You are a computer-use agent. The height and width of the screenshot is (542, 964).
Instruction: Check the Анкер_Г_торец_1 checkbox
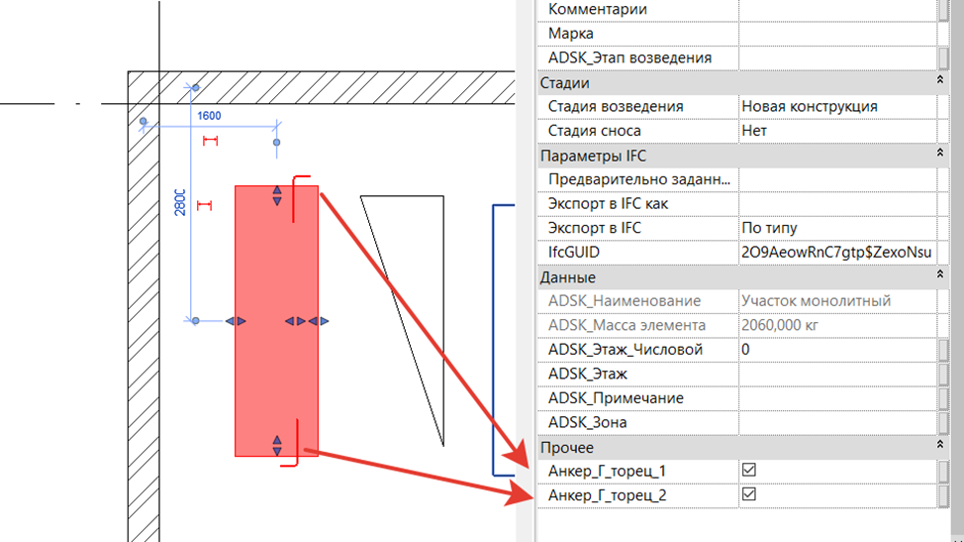click(748, 470)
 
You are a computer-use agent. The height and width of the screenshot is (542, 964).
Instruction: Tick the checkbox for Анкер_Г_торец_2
click(748, 494)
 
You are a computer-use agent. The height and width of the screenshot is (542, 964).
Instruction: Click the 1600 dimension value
click(209, 116)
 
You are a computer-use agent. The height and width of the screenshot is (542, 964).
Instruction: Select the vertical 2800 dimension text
click(179, 202)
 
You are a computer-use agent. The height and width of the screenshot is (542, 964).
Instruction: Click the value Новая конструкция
click(809, 106)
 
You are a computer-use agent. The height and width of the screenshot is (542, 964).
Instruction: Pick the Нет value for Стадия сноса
click(754, 131)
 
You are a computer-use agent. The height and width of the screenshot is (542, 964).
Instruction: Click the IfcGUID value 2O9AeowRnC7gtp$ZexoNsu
click(836, 253)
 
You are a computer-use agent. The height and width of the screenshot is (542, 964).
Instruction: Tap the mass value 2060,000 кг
click(780, 325)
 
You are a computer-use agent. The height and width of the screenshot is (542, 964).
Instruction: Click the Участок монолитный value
click(816, 301)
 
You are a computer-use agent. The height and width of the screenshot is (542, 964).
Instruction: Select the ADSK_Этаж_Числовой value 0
click(745, 350)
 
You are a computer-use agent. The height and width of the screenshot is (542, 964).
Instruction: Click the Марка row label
click(570, 34)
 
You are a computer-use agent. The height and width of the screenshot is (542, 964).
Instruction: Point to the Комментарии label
click(597, 9)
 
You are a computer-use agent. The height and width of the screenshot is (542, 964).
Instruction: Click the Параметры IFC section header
click(593, 156)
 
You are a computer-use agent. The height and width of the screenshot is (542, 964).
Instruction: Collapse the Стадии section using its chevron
click(939, 80)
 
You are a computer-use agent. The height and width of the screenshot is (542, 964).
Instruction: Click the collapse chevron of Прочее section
click(939, 444)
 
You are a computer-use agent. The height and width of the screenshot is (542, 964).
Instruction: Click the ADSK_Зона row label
click(587, 423)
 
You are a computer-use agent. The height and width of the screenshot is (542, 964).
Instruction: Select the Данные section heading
click(567, 277)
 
